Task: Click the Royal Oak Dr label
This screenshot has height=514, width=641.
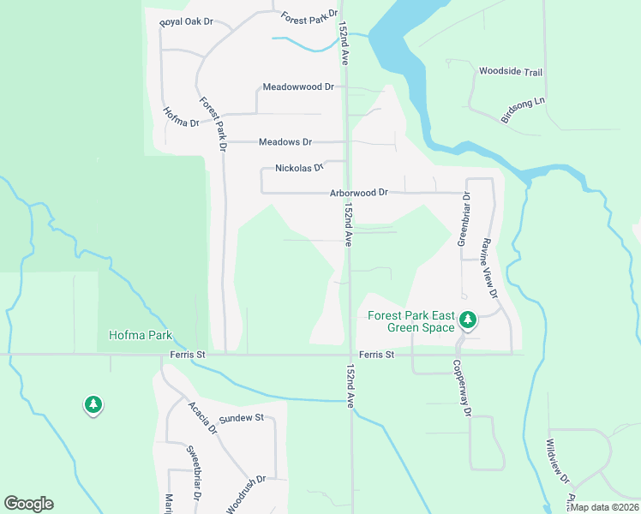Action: pos(186,23)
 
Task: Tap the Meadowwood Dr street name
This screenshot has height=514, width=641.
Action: pos(298,87)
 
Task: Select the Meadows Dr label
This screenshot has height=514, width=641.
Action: pos(285,142)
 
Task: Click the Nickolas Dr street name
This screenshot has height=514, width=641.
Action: pos(300,169)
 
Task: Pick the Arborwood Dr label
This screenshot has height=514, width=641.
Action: pos(359,194)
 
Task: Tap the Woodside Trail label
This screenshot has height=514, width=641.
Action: pos(511,72)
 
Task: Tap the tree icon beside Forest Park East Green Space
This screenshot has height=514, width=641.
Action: pos(467,320)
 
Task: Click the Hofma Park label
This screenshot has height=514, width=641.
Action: pos(141,335)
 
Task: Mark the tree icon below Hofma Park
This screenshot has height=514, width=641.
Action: pos(93,404)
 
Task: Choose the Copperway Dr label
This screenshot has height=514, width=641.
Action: pos(462,388)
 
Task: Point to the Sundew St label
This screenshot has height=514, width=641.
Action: pos(241,419)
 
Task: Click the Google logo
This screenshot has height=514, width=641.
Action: pos(28,504)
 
